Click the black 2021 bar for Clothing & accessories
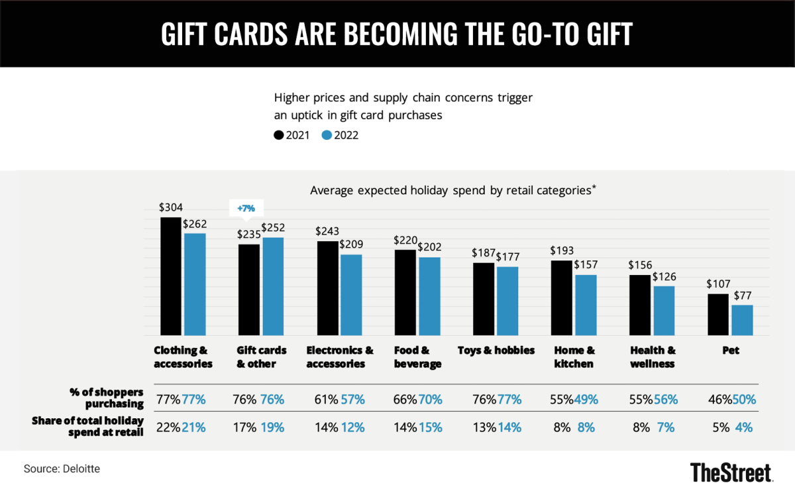[x=172, y=276]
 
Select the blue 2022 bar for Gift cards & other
[x=273, y=286]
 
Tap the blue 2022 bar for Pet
[x=742, y=320]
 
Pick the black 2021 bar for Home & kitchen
[x=562, y=298]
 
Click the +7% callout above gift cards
[x=246, y=209]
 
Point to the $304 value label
[x=171, y=207]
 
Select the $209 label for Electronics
[x=351, y=244]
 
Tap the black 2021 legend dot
[x=279, y=135]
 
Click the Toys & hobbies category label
[x=496, y=351]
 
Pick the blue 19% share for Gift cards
[x=272, y=427]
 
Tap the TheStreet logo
[x=731, y=472]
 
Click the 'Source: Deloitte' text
[x=62, y=469]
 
